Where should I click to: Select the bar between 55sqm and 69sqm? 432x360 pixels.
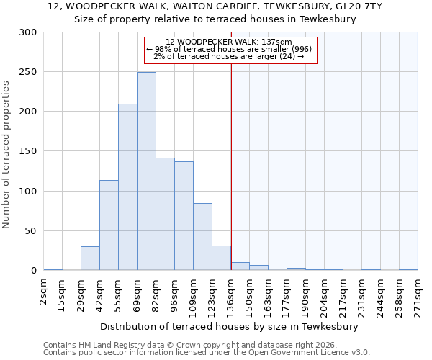coord(127,187)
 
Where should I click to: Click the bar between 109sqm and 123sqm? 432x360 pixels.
coord(202,237)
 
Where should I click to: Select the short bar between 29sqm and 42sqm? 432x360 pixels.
coord(90,258)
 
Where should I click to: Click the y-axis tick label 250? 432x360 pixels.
coord(27,72)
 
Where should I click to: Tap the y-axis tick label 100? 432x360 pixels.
coord(27,192)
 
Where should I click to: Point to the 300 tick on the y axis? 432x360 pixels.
coord(27,32)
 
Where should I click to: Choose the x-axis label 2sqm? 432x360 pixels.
coord(44,291)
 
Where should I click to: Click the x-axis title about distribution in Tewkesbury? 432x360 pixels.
coord(230,326)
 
